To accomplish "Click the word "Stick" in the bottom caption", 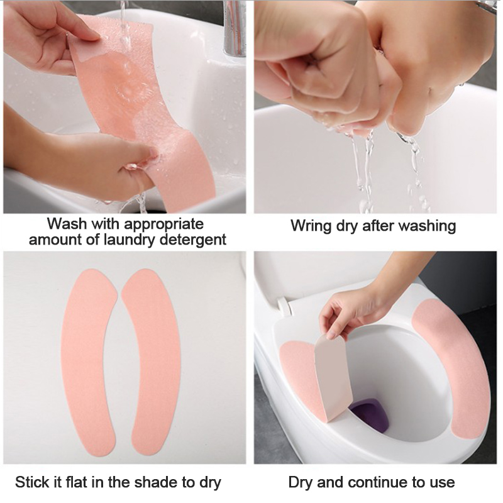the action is pyautogui.click(x=30, y=482).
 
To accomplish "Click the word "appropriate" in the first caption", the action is pyautogui.click(x=163, y=224).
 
